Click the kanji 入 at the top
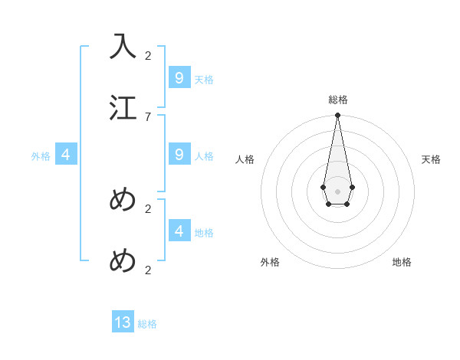pyautogui.click(x=123, y=46)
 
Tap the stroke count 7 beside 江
pyautogui.click(x=148, y=116)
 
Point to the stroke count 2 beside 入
pyautogui.click(x=148, y=55)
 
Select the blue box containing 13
pyautogui.click(x=123, y=322)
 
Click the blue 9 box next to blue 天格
pyautogui.click(x=179, y=77)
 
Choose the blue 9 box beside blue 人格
pyautogui.click(x=179, y=154)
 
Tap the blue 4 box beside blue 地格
pyautogui.click(x=179, y=231)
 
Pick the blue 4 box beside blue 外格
pyautogui.click(x=66, y=154)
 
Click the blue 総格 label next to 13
pyautogui.click(x=147, y=324)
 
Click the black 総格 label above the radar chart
pyautogui.click(x=337, y=100)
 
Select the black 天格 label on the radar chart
pyautogui.click(x=431, y=159)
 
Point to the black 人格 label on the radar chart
pyautogui.click(x=245, y=159)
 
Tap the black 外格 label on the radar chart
pyautogui.click(x=270, y=262)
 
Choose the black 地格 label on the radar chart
pyautogui.click(x=402, y=262)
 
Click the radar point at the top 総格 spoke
pyautogui.click(x=337, y=115)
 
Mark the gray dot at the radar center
pyautogui.click(x=337, y=191)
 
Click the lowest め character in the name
pyautogui.click(x=123, y=260)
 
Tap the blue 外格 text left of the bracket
pyautogui.click(x=41, y=156)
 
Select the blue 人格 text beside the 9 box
pyautogui.click(x=204, y=156)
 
